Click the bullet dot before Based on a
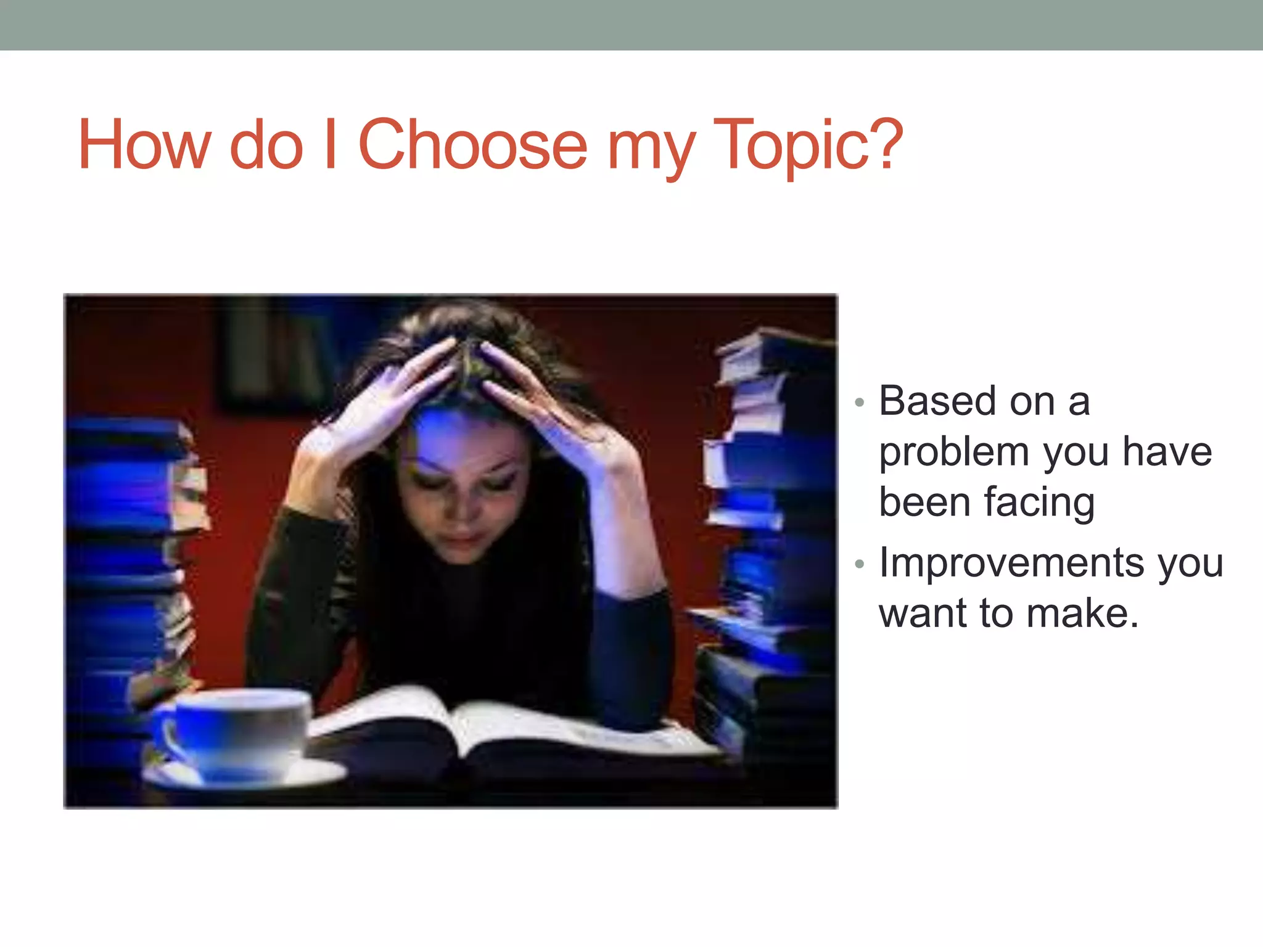(860, 403)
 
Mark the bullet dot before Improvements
(860, 564)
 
